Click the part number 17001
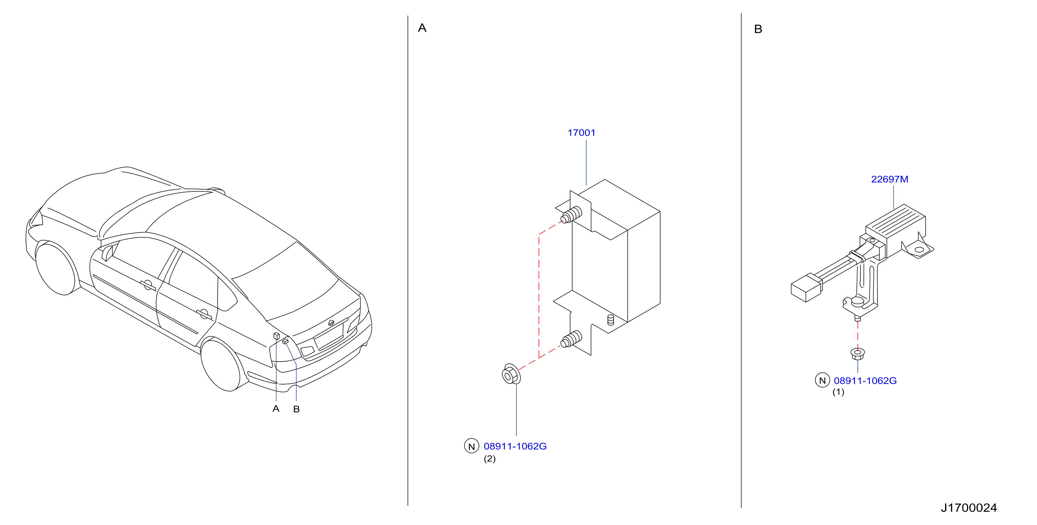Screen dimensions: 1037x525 [x=581, y=133]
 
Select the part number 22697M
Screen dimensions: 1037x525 [x=889, y=179]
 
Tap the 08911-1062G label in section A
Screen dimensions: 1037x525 [x=515, y=446]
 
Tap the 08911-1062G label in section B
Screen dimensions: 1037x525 [x=865, y=380]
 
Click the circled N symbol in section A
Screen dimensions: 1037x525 [x=471, y=446]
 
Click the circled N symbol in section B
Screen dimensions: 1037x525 [x=822, y=380]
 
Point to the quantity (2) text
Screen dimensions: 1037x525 [x=490, y=458]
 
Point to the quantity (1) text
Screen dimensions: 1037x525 [x=838, y=392]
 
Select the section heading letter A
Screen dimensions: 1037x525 [x=422, y=28]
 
